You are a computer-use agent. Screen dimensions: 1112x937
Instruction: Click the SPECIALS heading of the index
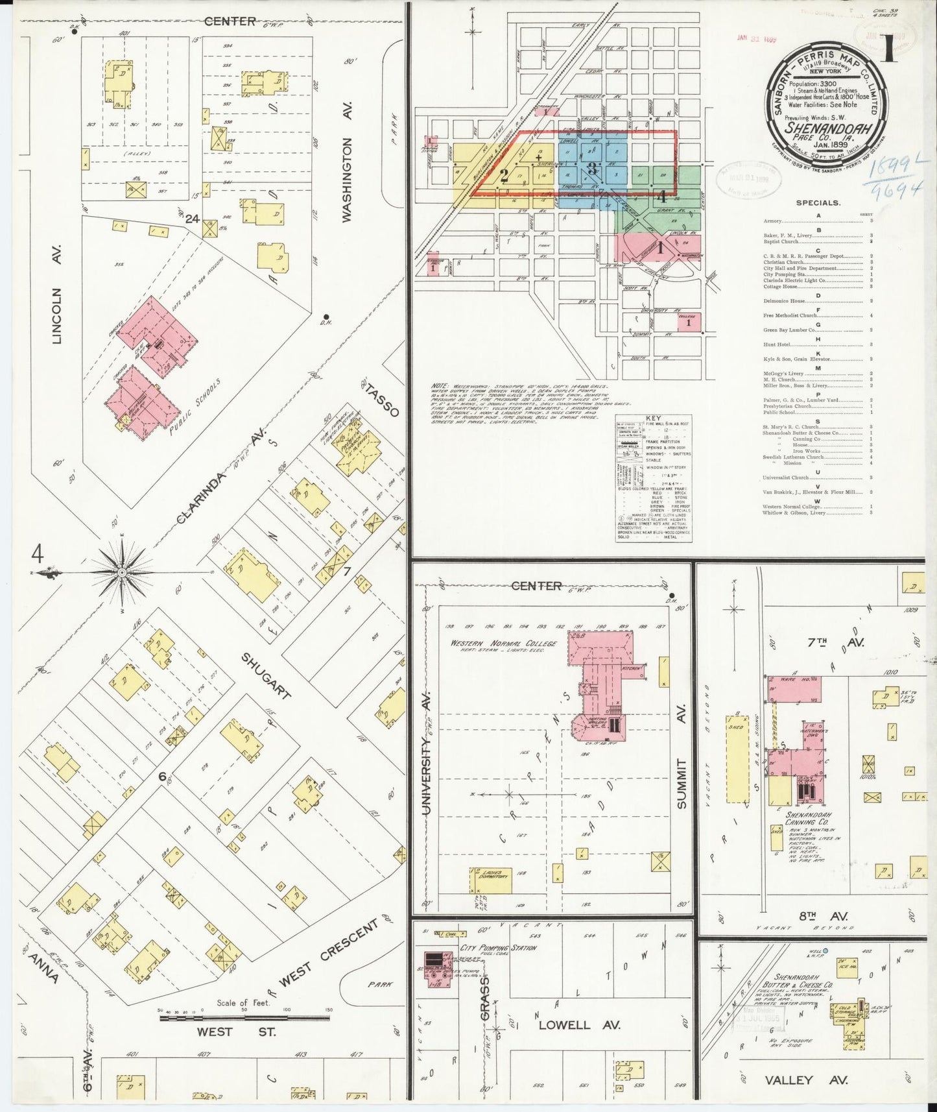(x=817, y=202)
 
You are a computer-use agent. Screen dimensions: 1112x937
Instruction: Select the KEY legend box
(x=652, y=479)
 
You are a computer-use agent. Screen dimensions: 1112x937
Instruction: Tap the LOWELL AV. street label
(x=580, y=1025)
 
